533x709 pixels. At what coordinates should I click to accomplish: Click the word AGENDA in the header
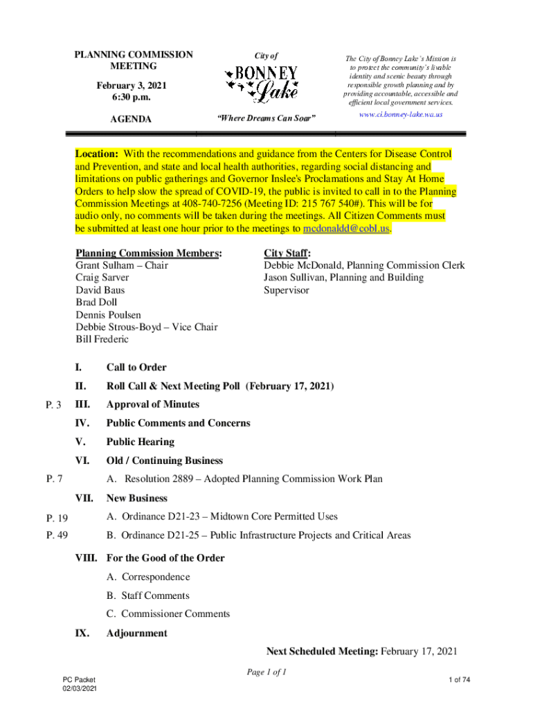(x=132, y=119)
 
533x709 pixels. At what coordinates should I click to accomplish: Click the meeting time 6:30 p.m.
(x=132, y=97)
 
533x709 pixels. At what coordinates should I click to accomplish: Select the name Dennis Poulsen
(x=108, y=315)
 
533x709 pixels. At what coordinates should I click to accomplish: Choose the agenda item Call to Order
(x=136, y=368)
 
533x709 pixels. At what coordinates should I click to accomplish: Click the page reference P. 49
(x=57, y=535)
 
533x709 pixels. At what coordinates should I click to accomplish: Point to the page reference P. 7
(x=55, y=478)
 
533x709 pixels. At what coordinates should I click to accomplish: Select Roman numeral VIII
(x=87, y=558)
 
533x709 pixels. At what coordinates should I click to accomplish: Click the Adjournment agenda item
(x=136, y=633)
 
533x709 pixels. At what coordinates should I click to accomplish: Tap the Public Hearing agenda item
(x=140, y=442)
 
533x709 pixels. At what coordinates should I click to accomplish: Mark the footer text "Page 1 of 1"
(x=266, y=672)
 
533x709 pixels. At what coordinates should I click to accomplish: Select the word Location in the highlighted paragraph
(x=96, y=154)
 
